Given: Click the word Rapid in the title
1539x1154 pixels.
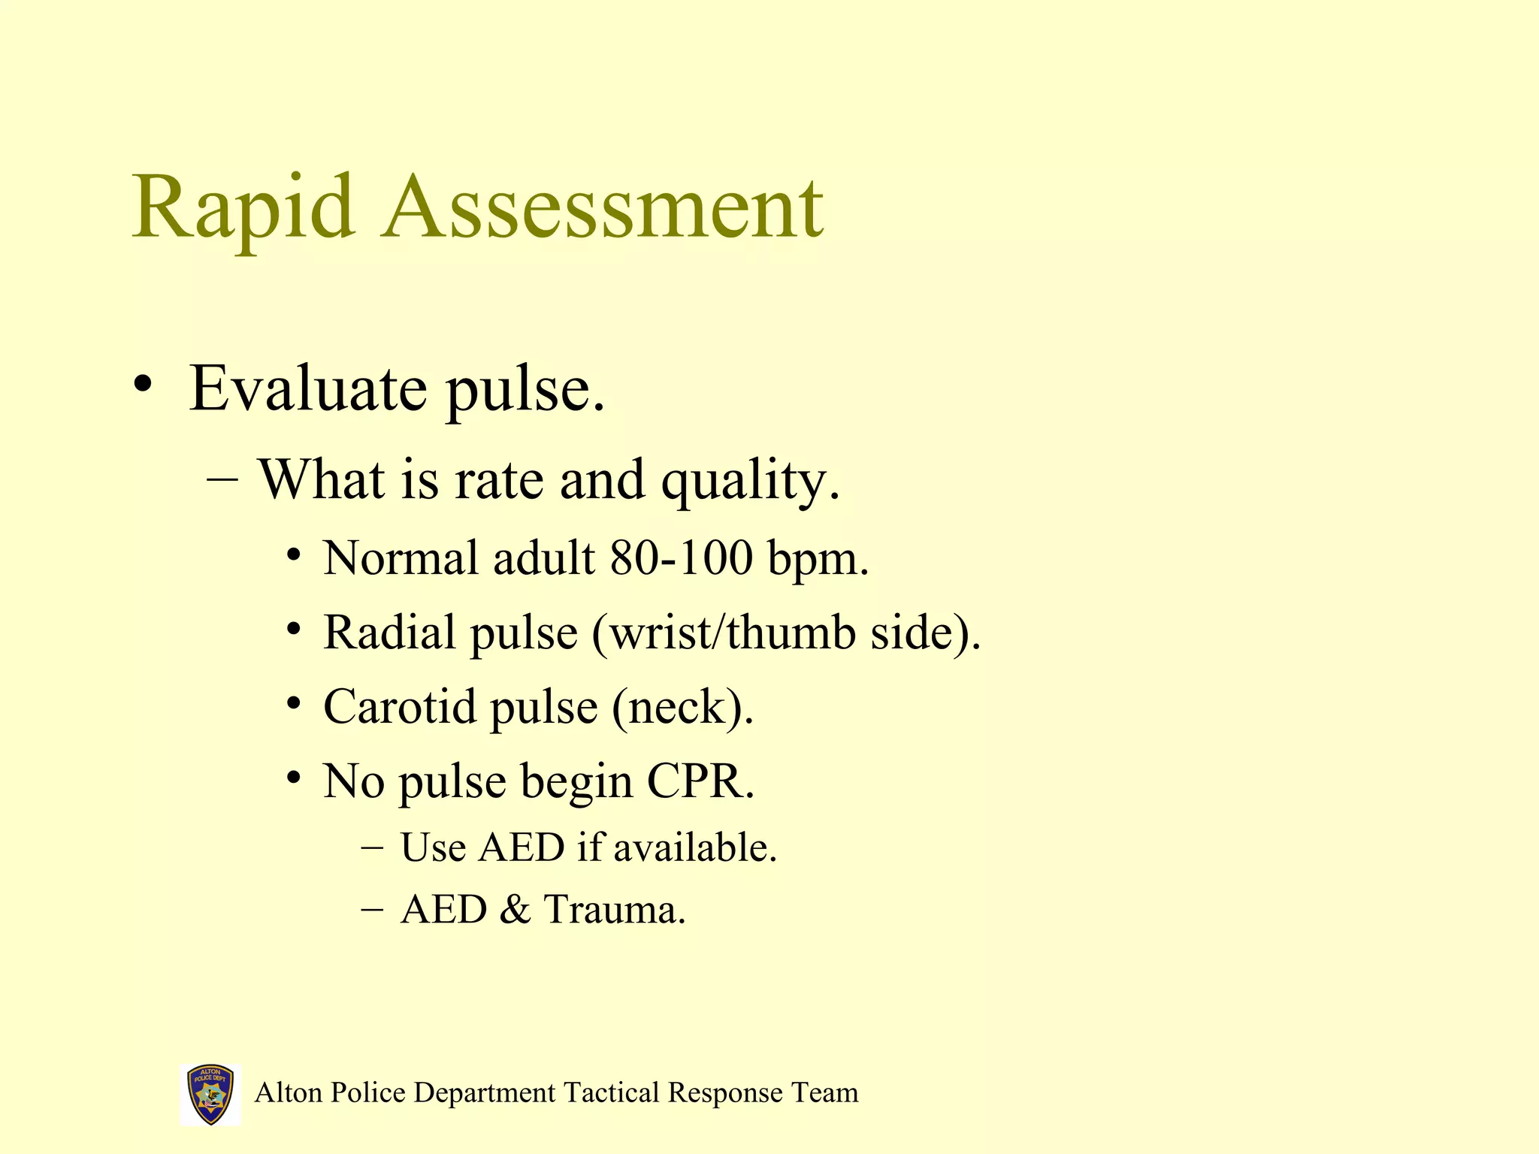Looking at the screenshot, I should tap(243, 207).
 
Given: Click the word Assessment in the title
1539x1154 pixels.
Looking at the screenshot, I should tap(603, 207).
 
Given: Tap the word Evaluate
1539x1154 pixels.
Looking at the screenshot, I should tap(308, 389).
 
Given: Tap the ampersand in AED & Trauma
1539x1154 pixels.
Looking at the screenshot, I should tap(515, 909).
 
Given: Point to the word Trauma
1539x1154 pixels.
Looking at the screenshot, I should tap(614, 909).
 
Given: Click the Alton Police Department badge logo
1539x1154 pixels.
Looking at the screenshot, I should tap(210, 1094).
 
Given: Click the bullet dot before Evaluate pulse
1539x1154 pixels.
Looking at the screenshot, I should tap(143, 385).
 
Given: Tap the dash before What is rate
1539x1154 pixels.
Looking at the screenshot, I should tap(222, 479).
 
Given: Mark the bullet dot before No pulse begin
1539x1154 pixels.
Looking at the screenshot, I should tap(294, 778).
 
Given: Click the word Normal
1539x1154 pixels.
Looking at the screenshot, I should tap(401, 558).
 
